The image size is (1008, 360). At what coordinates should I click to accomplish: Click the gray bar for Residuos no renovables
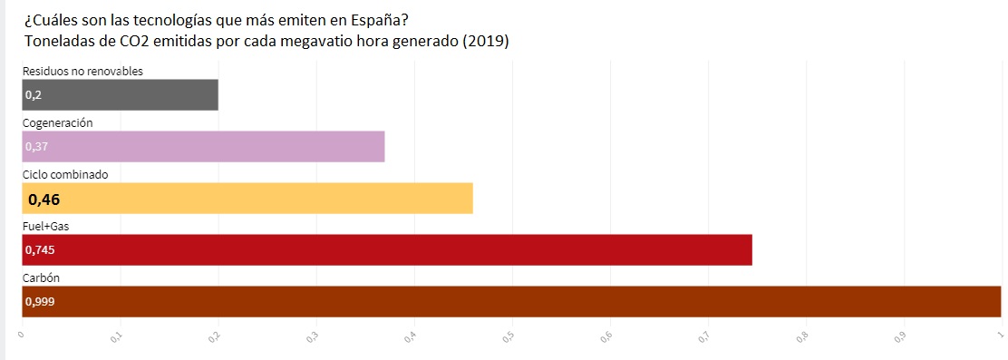point(120,94)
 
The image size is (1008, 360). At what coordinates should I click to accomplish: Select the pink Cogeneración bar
point(203,146)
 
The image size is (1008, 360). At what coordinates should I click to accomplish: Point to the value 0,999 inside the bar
point(40,302)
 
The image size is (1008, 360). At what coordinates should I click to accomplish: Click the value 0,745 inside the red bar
point(40,250)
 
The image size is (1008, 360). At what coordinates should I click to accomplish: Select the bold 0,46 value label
point(44,199)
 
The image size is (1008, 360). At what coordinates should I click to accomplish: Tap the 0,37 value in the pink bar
point(36,147)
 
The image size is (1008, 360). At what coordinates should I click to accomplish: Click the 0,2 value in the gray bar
point(34,94)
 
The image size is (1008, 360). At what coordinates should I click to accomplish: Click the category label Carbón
point(42,277)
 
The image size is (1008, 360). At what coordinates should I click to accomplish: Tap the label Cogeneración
point(58,122)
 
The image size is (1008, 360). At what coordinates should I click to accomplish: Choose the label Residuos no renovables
point(82,71)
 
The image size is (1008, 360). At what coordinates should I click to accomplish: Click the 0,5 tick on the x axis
point(509,336)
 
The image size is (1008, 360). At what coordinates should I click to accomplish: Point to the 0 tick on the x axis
point(21,336)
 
